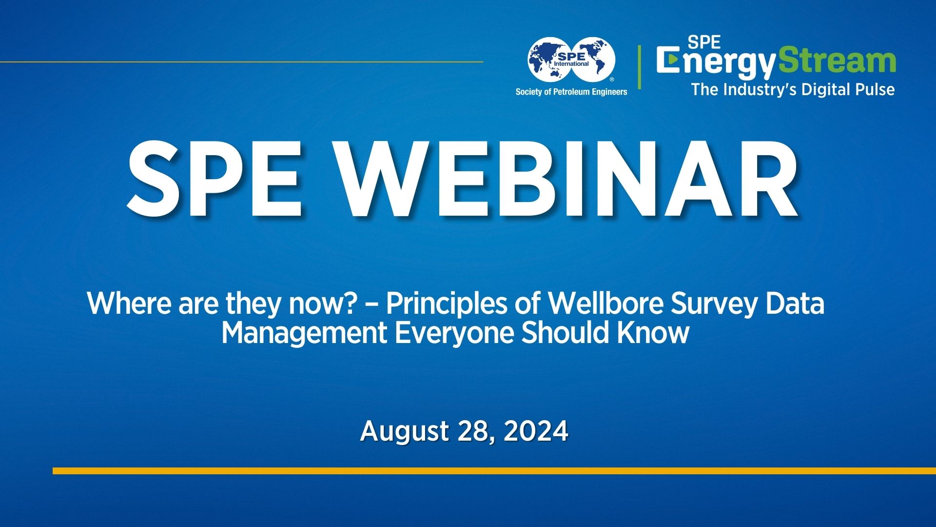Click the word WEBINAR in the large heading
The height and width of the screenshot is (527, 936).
pyautogui.click(x=568, y=179)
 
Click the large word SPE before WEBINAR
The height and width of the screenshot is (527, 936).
pyautogui.click(x=214, y=179)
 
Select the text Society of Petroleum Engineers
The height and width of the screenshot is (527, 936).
pyautogui.click(x=571, y=92)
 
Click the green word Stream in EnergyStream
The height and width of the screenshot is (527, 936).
pyautogui.click(x=837, y=61)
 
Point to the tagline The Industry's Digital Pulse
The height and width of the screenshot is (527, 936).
pyautogui.click(x=793, y=90)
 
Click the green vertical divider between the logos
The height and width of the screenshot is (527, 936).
pyautogui.click(x=640, y=67)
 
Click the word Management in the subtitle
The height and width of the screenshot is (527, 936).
pyautogui.click(x=304, y=333)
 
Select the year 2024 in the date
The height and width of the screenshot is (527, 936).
pyautogui.click(x=536, y=431)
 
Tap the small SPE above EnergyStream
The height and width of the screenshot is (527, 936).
pyautogui.click(x=704, y=42)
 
